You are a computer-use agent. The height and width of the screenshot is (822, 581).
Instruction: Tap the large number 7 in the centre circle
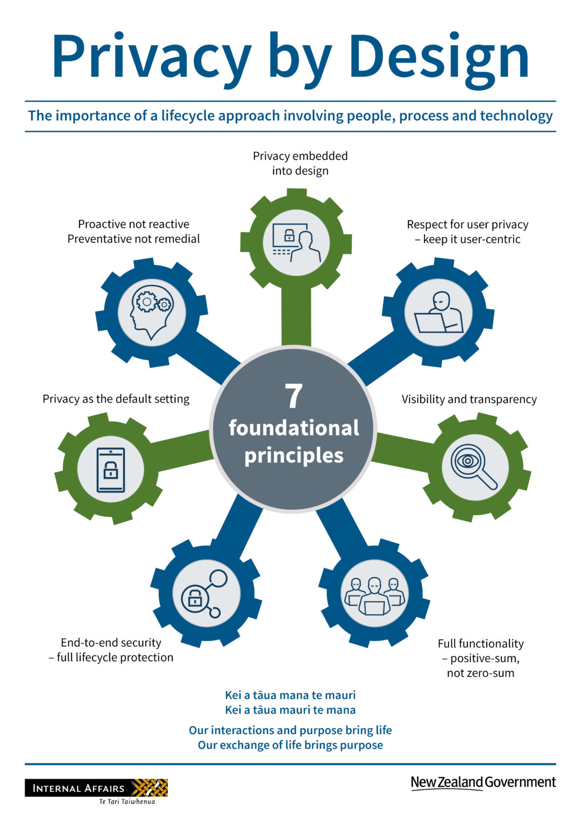pyautogui.click(x=293, y=397)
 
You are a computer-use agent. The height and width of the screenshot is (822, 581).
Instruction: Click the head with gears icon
pyautogui.click(x=152, y=312)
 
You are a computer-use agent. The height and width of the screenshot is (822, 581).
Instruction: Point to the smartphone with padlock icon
pyautogui.click(x=111, y=469)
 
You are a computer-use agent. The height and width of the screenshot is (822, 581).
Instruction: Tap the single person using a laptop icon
pyautogui.click(x=438, y=313)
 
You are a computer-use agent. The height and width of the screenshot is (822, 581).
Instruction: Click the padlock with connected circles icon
pyautogui.click(x=206, y=594)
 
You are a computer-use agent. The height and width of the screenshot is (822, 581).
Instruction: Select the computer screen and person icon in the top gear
pyautogui.click(x=296, y=243)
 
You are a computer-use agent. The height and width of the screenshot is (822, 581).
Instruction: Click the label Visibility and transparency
pyautogui.click(x=469, y=399)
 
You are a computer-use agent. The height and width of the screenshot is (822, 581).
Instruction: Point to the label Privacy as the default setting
pyautogui.click(x=116, y=399)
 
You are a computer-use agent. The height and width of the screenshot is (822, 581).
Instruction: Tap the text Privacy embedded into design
pyautogui.click(x=300, y=163)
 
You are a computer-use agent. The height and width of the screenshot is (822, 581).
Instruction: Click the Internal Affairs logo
pyautogui.click(x=96, y=788)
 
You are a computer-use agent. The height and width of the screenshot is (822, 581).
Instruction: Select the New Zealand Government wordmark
pyautogui.click(x=483, y=782)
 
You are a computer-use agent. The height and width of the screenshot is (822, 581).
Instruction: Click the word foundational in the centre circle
pyautogui.click(x=294, y=428)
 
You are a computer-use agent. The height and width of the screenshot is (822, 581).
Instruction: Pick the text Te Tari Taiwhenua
pyautogui.click(x=127, y=802)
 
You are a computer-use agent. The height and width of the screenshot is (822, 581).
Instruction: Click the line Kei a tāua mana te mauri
pyautogui.click(x=290, y=695)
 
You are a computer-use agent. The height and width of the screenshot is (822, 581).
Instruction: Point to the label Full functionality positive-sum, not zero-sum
pyautogui.click(x=480, y=658)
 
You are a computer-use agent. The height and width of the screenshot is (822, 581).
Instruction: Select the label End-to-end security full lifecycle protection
pyautogui.click(x=111, y=650)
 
